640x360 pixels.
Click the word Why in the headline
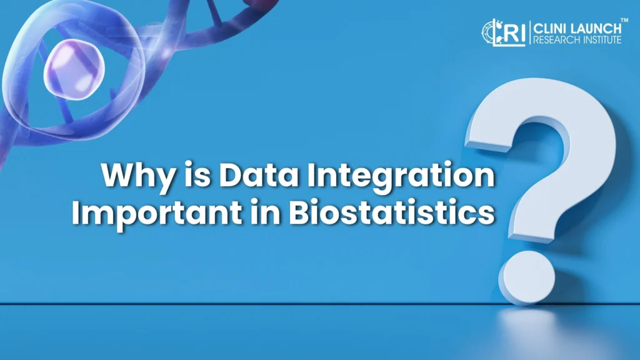(x=135, y=177)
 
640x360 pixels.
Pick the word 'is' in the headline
(x=194, y=176)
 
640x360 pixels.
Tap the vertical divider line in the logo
(x=529, y=32)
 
